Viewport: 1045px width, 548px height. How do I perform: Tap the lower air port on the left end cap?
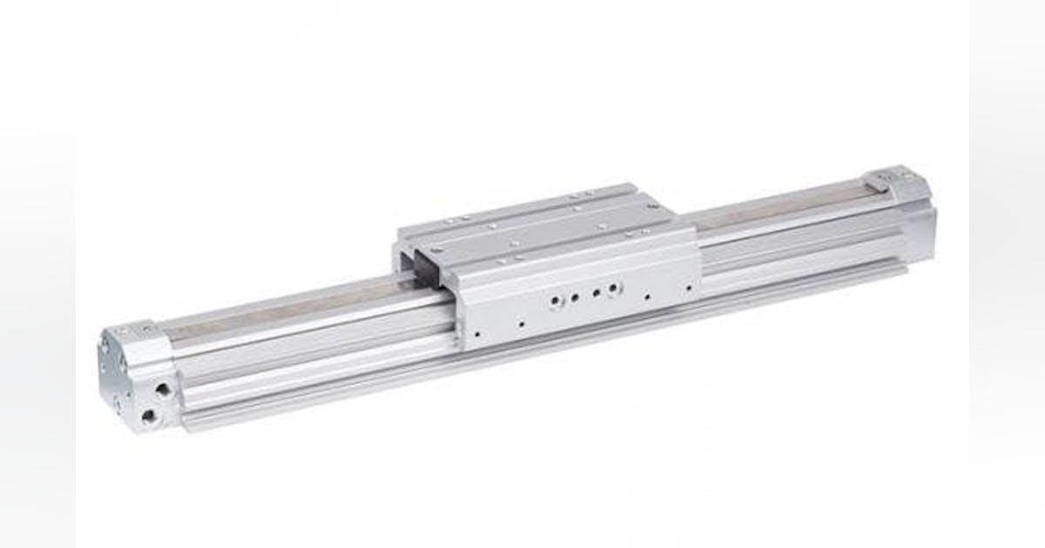pos(149,417)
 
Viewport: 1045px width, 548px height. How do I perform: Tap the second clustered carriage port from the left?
pos(575,297)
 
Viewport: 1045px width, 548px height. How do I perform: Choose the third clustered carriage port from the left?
pos(596,293)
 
